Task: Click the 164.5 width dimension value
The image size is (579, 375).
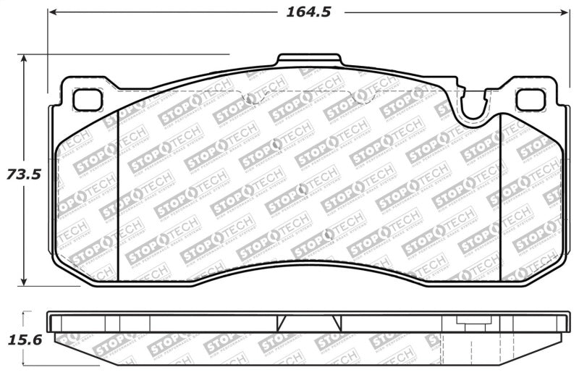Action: click(303, 12)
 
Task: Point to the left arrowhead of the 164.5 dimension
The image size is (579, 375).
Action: click(53, 12)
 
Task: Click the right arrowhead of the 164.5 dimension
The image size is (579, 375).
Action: click(565, 12)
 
